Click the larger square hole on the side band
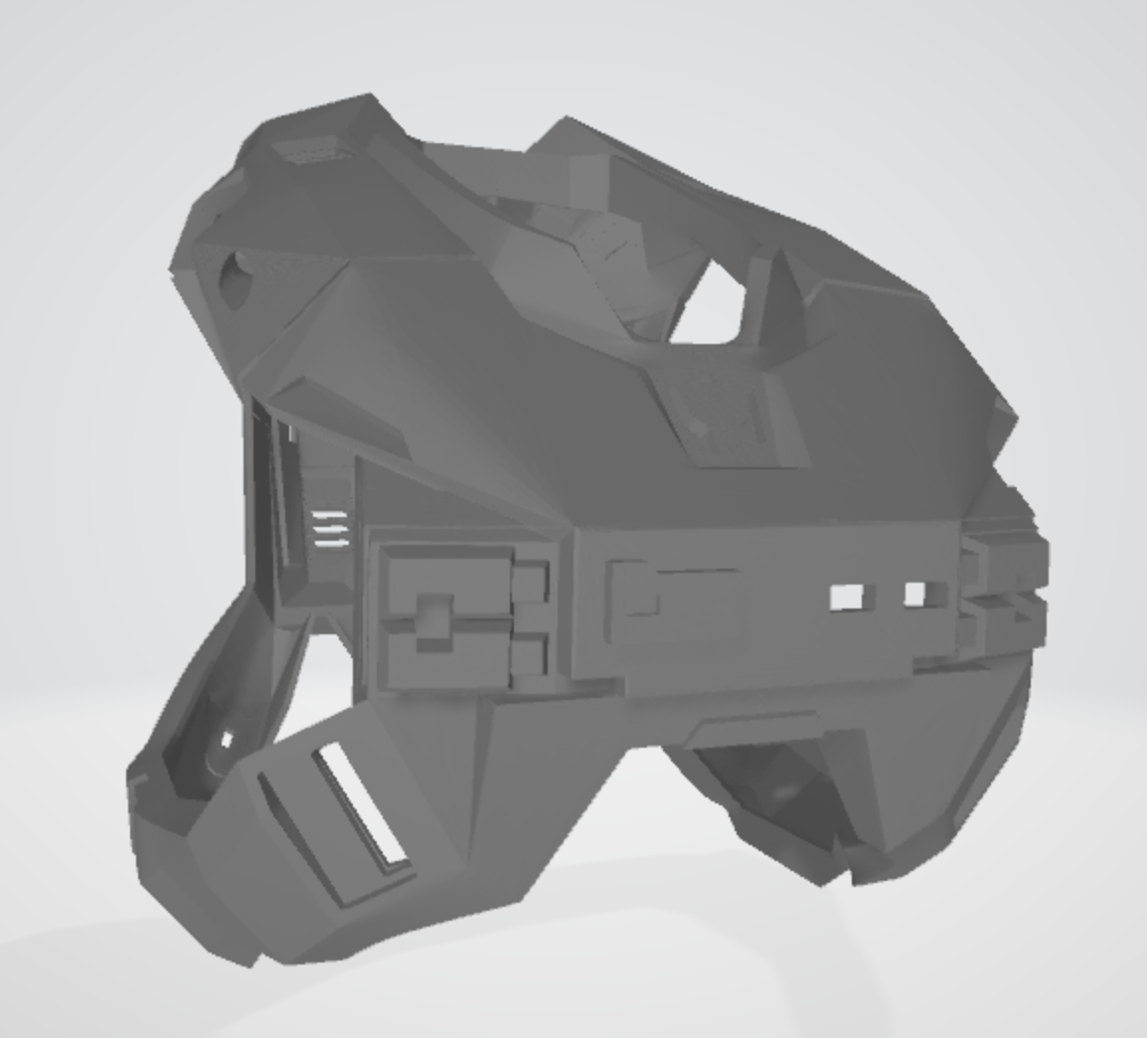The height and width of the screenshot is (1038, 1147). point(846,597)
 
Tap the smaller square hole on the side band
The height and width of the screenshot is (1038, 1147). point(914,595)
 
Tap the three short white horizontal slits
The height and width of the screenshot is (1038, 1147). point(330,529)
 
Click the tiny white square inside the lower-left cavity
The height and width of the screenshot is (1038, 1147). point(227,740)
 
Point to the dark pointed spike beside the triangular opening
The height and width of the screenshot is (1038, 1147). point(781,298)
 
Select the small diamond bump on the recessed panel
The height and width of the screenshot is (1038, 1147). point(700,428)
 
